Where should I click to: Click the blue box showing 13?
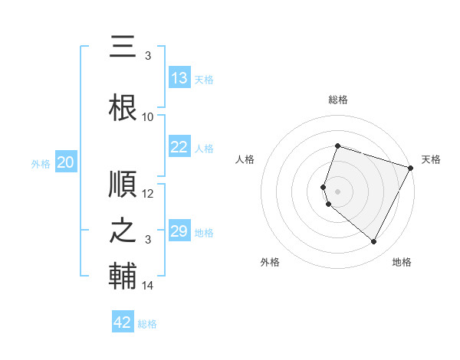tap(179, 78)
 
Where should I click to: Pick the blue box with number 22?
tap(179, 147)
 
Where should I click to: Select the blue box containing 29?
tap(179, 231)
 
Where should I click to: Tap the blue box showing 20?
tap(66, 162)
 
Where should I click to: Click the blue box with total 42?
tap(123, 322)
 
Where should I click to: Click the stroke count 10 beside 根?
tap(148, 116)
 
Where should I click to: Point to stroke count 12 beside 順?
tap(148, 194)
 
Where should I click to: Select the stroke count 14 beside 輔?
tap(148, 286)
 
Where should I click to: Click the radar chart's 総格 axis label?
tap(338, 100)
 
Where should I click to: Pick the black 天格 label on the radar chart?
tap(431, 159)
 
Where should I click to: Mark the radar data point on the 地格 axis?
tap(374, 242)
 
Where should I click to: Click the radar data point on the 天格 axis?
tap(412, 167)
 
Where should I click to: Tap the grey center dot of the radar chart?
tap(338, 191)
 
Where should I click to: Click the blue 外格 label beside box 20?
tap(41, 163)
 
